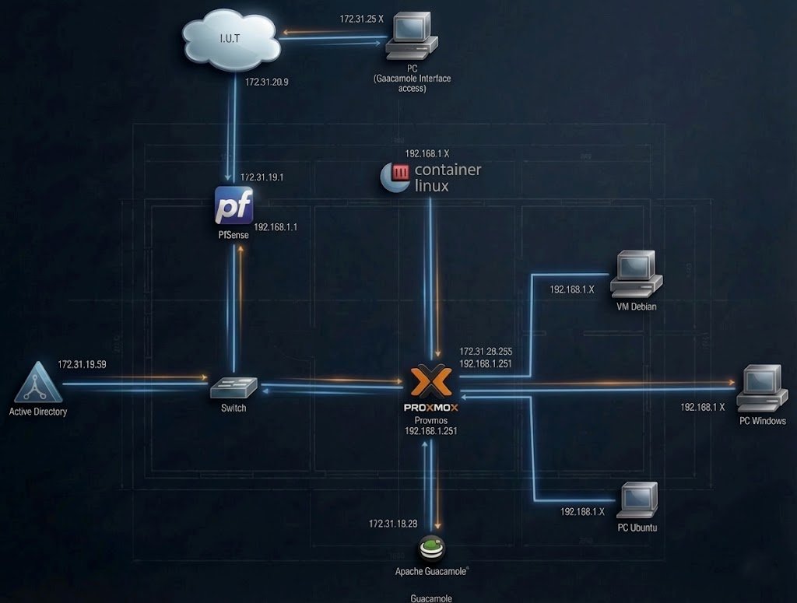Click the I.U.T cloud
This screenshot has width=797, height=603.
click(x=230, y=39)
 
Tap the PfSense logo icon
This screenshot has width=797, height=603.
click(x=234, y=206)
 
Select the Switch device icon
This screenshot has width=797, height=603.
click(x=233, y=387)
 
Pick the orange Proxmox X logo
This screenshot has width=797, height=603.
click(x=430, y=381)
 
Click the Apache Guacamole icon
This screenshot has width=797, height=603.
click(x=430, y=549)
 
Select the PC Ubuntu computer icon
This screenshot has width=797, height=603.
click(x=638, y=500)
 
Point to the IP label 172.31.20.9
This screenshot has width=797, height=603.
click(x=267, y=82)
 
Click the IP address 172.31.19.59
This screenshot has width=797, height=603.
click(x=82, y=364)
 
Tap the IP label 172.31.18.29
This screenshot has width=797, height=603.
click(x=393, y=524)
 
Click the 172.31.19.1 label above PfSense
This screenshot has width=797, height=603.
click(x=262, y=177)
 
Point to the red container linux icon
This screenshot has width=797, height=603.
click(x=399, y=173)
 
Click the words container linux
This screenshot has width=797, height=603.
click(x=448, y=177)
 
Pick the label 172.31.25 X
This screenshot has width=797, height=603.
click(x=362, y=18)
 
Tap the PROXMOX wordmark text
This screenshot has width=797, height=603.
click(x=430, y=407)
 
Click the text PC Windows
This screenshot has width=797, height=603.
click(x=762, y=421)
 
